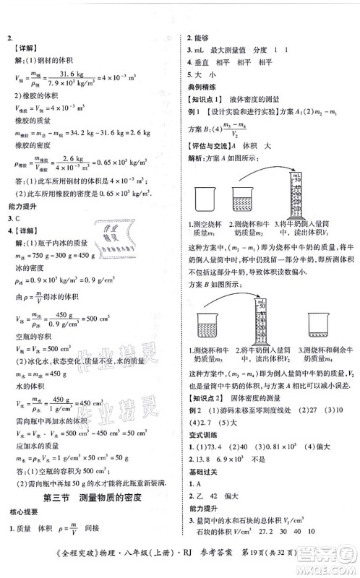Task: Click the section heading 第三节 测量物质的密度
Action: tap(91, 498)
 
